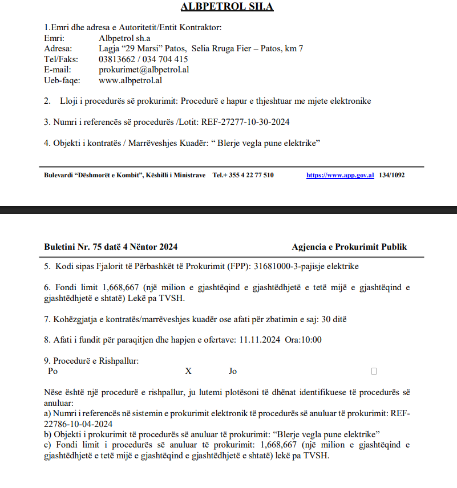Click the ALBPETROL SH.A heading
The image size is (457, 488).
tap(227, 7)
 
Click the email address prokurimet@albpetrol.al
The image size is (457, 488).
tap(144, 70)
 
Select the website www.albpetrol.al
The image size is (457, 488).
tap(131, 80)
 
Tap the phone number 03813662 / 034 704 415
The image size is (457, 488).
tap(143, 59)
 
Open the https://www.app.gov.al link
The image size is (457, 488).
tap(340, 175)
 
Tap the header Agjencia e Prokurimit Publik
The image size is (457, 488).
tap(349, 247)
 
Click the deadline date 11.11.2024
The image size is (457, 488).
tap(260, 340)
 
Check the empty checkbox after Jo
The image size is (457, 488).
tap(374, 371)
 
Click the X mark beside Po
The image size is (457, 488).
tap(188, 371)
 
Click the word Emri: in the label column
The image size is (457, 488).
tap(54, 38)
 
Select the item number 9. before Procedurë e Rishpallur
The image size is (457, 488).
tap(47, 361)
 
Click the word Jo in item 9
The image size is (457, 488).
tap(233, 371)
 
